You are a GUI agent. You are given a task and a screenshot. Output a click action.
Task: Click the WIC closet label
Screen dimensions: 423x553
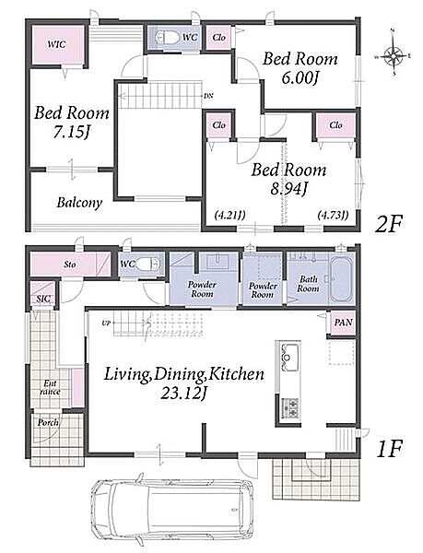56,44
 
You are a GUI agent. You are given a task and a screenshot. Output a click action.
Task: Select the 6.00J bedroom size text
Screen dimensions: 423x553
300,77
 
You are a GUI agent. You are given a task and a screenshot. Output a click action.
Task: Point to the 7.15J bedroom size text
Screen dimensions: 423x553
71,132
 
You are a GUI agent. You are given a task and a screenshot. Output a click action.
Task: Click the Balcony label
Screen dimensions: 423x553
79,203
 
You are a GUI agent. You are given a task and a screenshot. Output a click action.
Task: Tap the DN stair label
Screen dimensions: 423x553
208,96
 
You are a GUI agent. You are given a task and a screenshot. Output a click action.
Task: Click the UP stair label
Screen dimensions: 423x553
106,323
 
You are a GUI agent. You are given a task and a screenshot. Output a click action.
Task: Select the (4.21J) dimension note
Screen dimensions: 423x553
229,215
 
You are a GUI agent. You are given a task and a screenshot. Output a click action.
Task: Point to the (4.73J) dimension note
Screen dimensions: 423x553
333,215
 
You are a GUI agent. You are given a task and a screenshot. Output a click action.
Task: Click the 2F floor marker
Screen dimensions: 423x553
388,224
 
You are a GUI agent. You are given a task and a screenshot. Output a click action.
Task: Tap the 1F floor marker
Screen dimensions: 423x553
390,449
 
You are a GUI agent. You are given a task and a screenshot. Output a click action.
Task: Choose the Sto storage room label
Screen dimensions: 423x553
70,265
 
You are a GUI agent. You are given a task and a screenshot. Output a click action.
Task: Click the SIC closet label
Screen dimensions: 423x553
43,299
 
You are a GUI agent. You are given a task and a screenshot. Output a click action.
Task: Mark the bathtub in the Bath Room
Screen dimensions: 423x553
341,279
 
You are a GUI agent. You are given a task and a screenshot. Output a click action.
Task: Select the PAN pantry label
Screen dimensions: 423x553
344,323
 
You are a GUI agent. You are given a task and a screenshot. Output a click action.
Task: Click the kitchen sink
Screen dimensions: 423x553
289,357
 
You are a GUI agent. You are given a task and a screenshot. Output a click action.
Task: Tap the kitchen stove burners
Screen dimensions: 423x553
290,407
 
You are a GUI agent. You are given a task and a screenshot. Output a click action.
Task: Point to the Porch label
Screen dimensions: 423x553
48,422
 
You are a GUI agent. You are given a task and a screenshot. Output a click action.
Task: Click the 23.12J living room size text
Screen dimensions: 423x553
183,393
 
